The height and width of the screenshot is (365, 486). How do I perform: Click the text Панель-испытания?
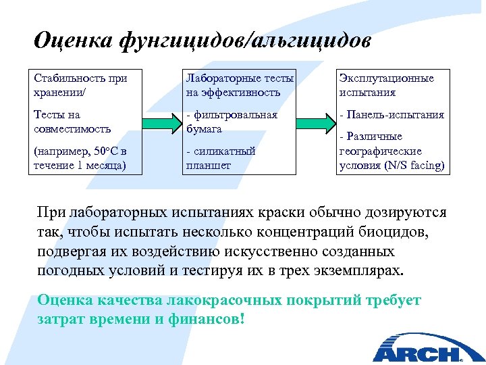(395, 114)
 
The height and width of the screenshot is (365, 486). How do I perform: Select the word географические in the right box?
(380, 151)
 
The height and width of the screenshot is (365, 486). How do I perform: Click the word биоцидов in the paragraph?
(398, 232)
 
